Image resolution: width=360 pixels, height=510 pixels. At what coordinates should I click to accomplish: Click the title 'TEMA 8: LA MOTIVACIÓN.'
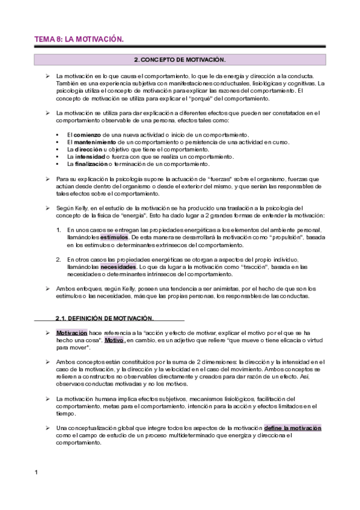click(79, 39)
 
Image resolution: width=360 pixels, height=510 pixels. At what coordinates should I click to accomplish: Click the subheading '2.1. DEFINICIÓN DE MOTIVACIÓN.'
click(105, 318)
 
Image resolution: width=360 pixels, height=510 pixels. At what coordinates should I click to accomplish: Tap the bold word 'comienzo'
click(88, 134)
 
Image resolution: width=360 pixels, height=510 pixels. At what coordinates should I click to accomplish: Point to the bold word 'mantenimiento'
click(96, 141)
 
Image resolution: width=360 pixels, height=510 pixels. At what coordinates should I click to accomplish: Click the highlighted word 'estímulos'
click(115, 237)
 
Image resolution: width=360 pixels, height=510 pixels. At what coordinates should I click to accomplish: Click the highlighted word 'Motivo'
click(114, 340)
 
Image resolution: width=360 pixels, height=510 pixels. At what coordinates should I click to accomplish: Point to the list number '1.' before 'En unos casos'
click(58, 230)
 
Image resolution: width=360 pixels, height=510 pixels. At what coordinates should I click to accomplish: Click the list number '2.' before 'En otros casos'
click(58, 259)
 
